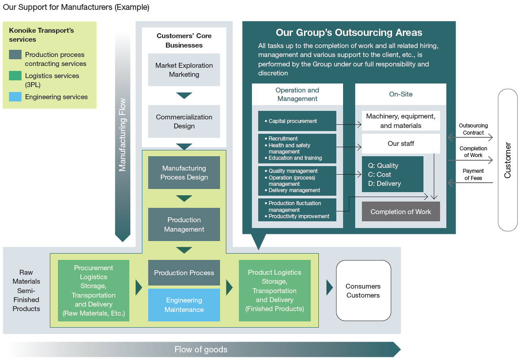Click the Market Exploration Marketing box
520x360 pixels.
[x=184, y=70]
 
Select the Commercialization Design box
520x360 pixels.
[x=184, y=121]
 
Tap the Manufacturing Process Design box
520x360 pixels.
[x=184, y=173]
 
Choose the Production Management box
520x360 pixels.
[x=184, y=224]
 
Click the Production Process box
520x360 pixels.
[x=184, y=273]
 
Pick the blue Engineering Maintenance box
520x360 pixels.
[x=184, y=305]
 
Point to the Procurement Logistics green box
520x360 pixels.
[x=93, y=290]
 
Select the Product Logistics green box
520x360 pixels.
[x=274, y=290]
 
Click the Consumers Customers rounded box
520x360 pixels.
[x=363, y=290]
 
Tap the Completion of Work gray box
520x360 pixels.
[x=401, y=212]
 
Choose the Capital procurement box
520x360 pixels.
[x=297, y=121]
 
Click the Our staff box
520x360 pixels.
[x=401, y=144]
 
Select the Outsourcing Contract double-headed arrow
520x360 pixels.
[x=470, y=137]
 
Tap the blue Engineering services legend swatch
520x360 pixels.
[x=15, y=97]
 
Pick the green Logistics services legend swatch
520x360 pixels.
[x=15, y=76]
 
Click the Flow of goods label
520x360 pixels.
[x=201, y=349]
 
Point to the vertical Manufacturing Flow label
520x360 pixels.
[x=123, y=135]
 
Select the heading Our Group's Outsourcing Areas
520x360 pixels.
[x=348, y=33]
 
